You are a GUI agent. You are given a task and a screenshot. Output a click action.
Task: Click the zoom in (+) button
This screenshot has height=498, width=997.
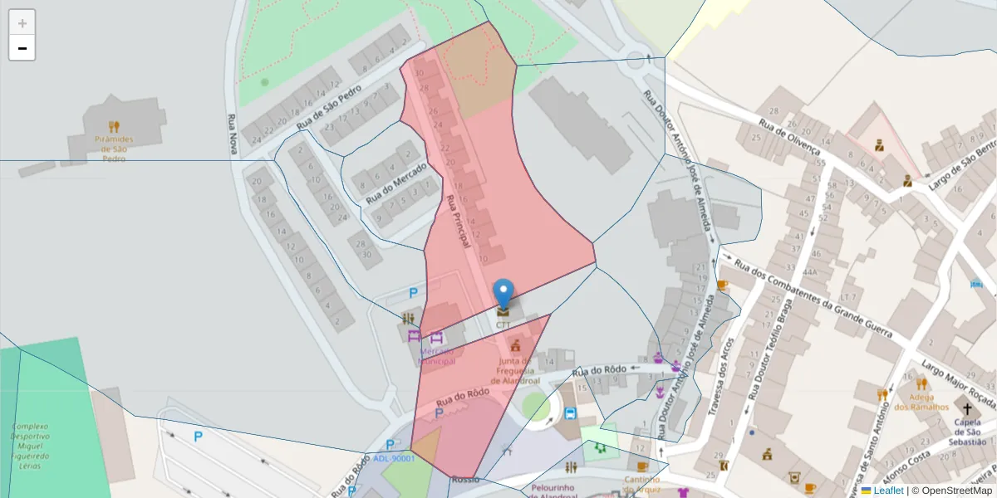[x=22, y=23]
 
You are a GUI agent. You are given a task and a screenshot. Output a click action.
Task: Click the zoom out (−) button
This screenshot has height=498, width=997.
[x=22, y=48]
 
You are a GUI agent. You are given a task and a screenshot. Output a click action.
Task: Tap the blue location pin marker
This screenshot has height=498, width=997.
[x=503, y=294]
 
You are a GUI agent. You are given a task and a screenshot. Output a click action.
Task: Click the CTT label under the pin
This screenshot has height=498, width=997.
[x=503, y=325]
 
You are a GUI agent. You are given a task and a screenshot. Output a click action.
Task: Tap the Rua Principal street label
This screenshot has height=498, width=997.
[x=458, y=222]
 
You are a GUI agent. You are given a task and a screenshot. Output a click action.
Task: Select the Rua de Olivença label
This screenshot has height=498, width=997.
[x=790, y=137]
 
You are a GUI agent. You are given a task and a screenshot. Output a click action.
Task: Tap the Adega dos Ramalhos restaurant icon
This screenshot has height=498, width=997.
[x=921, y=383]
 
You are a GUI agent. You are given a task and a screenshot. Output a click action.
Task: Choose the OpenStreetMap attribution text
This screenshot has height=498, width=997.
[x=956, y=491]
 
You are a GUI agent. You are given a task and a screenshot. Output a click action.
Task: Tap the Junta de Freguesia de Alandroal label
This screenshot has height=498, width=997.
[x=515, y=372]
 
